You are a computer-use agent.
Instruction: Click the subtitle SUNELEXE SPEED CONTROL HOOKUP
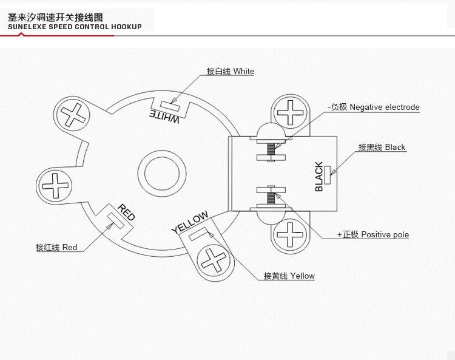coord(75,27)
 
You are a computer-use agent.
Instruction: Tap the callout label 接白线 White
coord(231,72)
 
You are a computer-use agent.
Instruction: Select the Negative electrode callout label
coord(374,107)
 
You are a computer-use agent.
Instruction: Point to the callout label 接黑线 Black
coord(382,147)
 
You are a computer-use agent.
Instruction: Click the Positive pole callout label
coord(373,235)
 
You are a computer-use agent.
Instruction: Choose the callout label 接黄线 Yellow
coord(289,276)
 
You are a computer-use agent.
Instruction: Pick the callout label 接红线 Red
coord(56,248)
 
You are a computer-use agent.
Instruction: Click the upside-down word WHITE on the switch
coord(164,115)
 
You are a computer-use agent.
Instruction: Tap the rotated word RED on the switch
coord(126,212)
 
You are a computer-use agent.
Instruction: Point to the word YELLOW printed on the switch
coord(190,222)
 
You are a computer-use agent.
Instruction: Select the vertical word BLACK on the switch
coord(319,177)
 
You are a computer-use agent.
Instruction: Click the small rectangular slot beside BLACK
coord(328,175)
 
